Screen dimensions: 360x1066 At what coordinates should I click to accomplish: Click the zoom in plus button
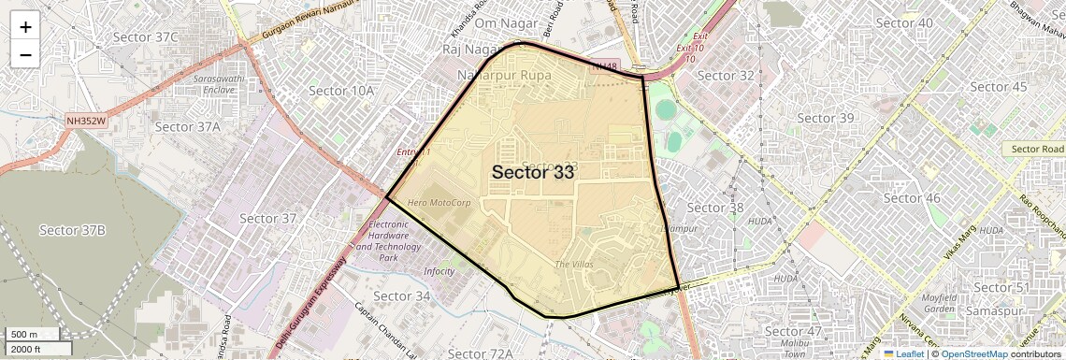click(x=25, y=27)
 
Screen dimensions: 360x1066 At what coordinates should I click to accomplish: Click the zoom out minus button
click(x=25, y=54)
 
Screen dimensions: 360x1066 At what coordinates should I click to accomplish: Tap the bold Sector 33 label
click(x=534, y=172)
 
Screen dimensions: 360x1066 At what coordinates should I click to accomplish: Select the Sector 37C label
click(x=145, y=36)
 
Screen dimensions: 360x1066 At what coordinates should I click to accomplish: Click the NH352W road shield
click(x=86, y=121)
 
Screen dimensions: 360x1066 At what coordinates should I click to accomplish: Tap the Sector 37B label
click(x=72, y=230)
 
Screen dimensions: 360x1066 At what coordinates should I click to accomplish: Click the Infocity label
click(x=439, y=271)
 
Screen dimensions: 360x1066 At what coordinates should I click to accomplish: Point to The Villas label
click(x=574, y=265)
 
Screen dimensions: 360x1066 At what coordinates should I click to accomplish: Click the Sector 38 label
click(x=715, y=208)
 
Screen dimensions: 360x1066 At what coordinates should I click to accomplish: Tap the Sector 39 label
click(x=826, y=118)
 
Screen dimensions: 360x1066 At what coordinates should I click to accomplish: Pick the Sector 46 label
click(x=912, y=197)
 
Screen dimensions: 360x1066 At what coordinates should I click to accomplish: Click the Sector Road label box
click(x=1037, y=149)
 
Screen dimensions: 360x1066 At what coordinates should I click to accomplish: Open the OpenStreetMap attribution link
click(x=973, y=353)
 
